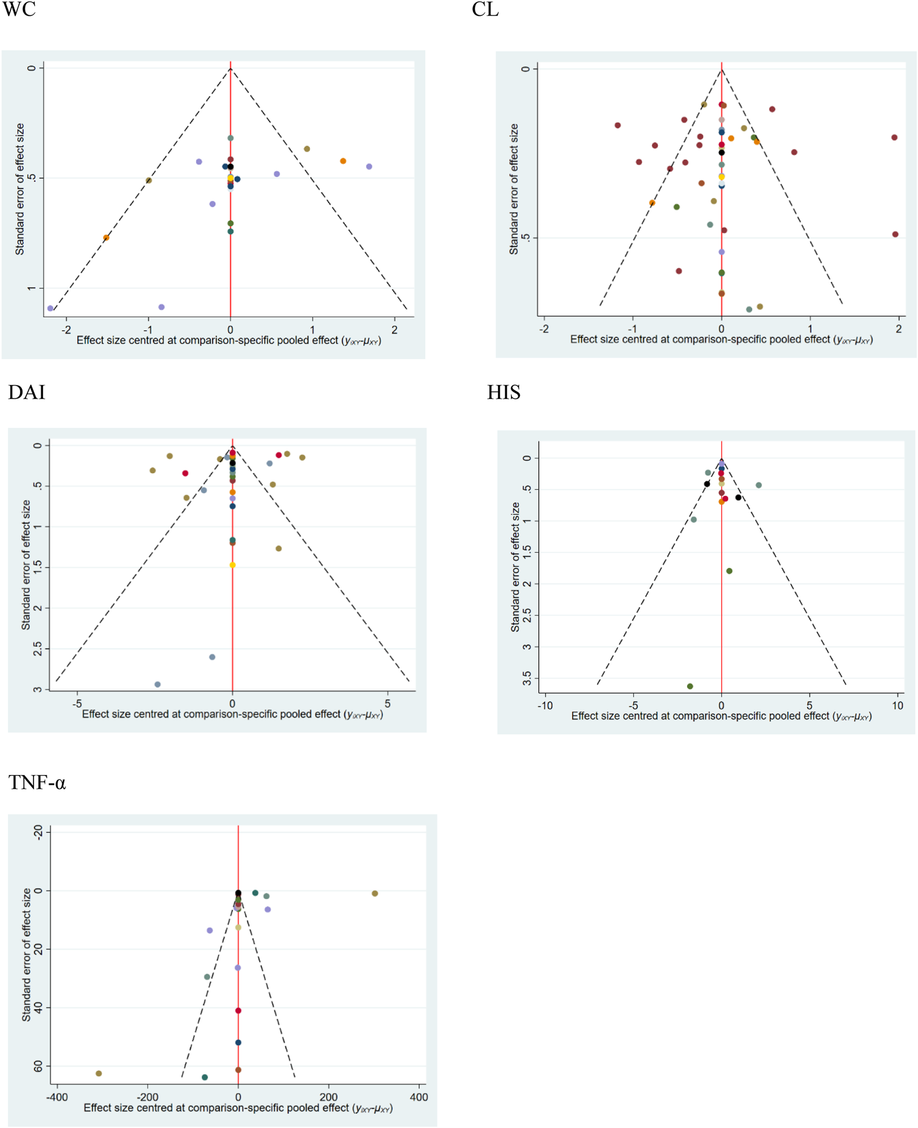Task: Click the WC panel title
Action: [19, 9]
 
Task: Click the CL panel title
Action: [485, 9]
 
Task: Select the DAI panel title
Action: [26, 392]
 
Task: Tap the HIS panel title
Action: [504, 392]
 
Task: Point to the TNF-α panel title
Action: [37, 782]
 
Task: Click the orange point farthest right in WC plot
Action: [343, 161]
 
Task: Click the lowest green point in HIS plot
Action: [690, 686]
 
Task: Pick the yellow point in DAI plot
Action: [232, 565]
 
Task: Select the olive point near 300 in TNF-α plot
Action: [375, 894]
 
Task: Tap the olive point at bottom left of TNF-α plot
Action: [99, 1073]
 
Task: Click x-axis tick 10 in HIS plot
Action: [898, 705]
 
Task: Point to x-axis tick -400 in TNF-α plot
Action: [57, 1098]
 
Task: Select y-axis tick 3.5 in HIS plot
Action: [527, 678]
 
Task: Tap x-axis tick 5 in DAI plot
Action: [388, 703]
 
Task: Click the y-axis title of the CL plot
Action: [514, 189]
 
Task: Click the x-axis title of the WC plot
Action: [229, 340]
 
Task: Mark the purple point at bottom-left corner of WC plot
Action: [50, 308]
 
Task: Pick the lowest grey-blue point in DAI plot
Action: [158, 685]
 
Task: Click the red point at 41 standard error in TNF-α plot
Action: [238, 1010]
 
